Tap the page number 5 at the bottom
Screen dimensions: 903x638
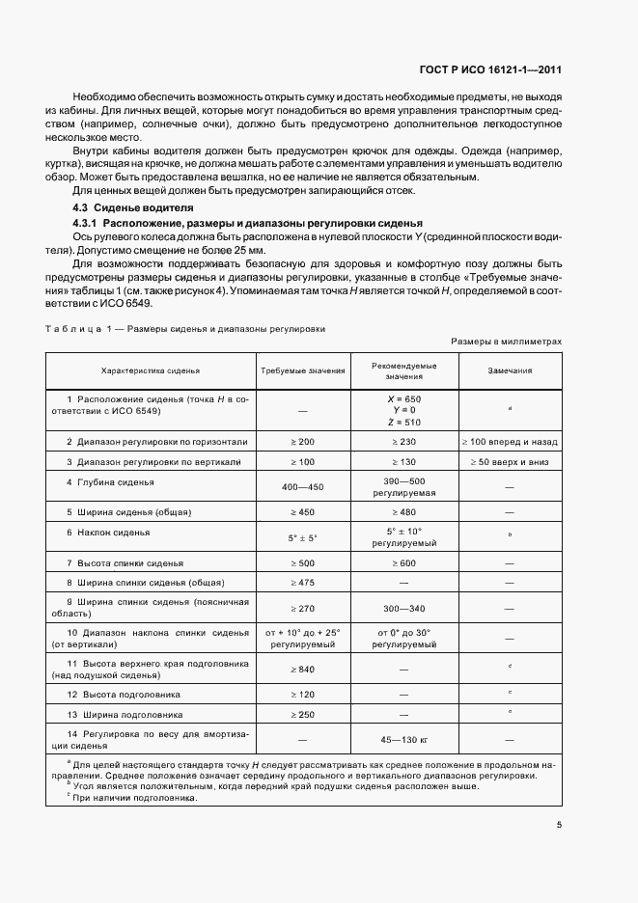[559, 824]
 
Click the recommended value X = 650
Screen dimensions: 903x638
[403, 397]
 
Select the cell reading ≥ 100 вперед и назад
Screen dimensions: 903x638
[509, 441]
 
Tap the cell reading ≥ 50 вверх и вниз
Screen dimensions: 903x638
[509, 462]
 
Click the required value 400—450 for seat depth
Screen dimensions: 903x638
[302, 487]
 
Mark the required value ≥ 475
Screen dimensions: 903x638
[302, 583]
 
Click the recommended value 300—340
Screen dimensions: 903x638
[403, 610]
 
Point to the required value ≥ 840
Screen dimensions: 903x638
[302, 669]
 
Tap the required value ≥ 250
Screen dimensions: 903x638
[302, 715]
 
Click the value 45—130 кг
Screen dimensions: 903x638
[403, 740]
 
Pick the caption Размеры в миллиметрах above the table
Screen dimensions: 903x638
[505, 342]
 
